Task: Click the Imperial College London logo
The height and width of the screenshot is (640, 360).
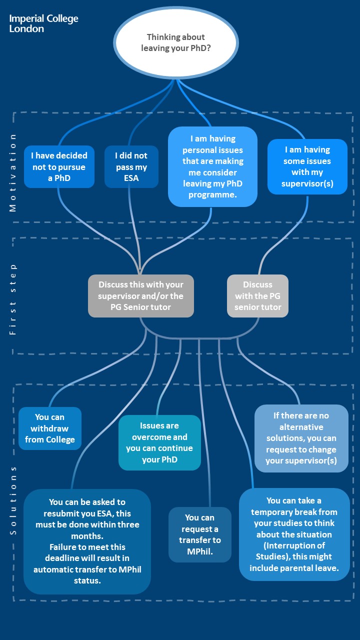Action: [43, 23]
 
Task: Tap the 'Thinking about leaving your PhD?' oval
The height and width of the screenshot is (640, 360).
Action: [175, 43]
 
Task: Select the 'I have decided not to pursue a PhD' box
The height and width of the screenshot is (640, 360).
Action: [59, 166]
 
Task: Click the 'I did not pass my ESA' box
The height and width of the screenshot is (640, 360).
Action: [131, 166]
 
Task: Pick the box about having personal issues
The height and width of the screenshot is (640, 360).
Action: [212, 166]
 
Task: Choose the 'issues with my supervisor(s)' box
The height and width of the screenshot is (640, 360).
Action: [307, 166]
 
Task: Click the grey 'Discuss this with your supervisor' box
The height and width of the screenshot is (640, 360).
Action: [140, 296]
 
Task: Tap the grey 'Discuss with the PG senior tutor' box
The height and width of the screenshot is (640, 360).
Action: [257, 296]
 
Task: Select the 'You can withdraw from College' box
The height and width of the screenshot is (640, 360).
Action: [49, 428]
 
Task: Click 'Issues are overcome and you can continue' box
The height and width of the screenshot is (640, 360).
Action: [159, 442]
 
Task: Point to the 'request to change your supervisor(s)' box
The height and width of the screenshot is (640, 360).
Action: [301, 438]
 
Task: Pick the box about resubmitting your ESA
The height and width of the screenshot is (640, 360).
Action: [87, 541]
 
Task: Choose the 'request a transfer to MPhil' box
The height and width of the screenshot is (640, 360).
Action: [199, 534]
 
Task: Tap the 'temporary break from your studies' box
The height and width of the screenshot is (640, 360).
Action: [294, 534]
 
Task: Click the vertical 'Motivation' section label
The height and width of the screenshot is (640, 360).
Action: [13, 172]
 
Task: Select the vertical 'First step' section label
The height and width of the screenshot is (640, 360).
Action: [13, 299]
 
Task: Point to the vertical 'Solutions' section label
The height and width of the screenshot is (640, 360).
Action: [13, 500]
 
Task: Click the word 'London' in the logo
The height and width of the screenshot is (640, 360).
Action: [26, 28]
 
